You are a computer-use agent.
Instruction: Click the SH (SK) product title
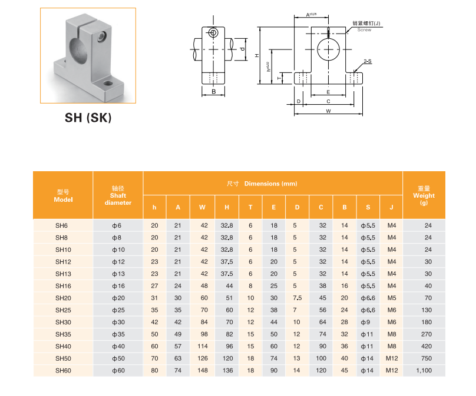[88, 118]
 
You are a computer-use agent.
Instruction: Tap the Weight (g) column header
[424, 195]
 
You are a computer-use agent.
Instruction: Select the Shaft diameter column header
[118, 195]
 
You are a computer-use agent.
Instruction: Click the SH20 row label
[63, 298]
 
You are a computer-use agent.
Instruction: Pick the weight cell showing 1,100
[424, 371]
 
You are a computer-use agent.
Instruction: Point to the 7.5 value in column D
[297, 298]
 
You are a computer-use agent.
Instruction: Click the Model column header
[63, 195]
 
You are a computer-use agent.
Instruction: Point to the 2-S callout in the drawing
[367, 61]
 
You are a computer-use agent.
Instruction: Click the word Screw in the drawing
[364, 29]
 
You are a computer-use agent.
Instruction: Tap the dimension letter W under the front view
[328, 111]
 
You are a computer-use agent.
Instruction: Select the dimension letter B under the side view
[213, 92]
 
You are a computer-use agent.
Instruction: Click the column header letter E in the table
[273, 207]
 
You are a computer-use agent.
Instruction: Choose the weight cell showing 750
[424, 358]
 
